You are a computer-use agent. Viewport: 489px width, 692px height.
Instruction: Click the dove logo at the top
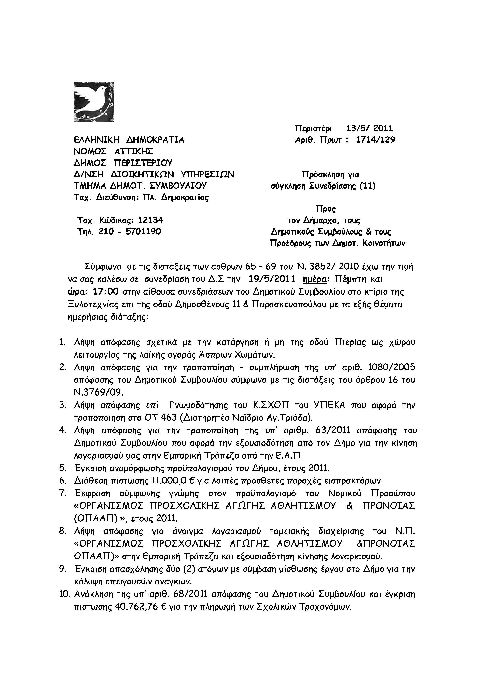94,102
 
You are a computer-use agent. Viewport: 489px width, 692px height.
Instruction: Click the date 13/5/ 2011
369,128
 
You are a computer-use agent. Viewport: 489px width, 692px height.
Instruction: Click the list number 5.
63,468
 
